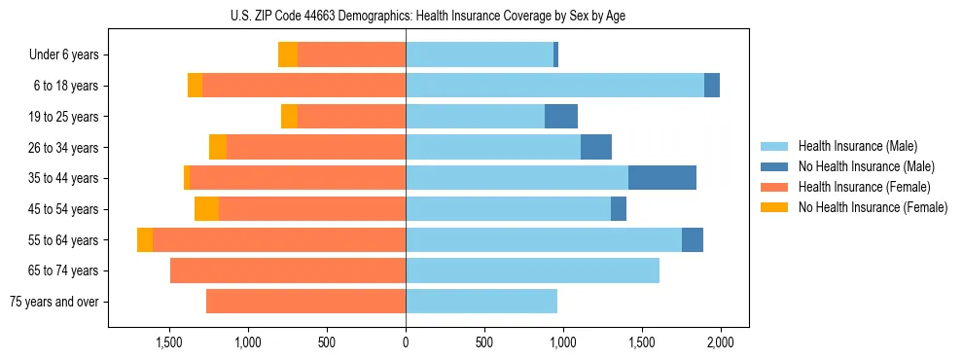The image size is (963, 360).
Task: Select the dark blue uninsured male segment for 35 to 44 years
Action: (x=662, y=177)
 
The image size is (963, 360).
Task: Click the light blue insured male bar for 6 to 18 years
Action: (x=554, y=85)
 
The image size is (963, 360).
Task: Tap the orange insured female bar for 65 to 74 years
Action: (x=288, y=270)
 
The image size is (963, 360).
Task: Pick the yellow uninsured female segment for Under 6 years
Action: (x=288, y=54)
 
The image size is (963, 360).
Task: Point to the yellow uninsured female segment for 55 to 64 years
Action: (x=145, y=239)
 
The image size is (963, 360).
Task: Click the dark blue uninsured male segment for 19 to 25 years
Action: (x=561, y=116)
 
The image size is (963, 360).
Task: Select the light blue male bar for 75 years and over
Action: (x=481, y=301)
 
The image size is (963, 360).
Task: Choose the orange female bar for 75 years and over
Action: (x=305, y=301)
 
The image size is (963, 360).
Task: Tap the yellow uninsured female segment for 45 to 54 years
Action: (x=206, y=208)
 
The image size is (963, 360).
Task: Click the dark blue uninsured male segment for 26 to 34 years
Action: (x=596, y=147)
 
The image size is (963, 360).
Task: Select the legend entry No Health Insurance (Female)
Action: (x=873, y=207)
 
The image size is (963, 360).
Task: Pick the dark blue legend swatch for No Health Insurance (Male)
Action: (x=774, y=166)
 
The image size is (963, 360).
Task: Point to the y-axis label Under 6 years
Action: (x=63, y=54)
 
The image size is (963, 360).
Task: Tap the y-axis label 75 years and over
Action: (x=53, y=302)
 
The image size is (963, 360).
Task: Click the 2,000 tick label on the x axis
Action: (x=720, y=342)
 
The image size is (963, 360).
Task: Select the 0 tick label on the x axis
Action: (x=406, y=342)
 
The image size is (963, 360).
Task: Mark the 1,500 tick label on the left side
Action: (x=169, y=342)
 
